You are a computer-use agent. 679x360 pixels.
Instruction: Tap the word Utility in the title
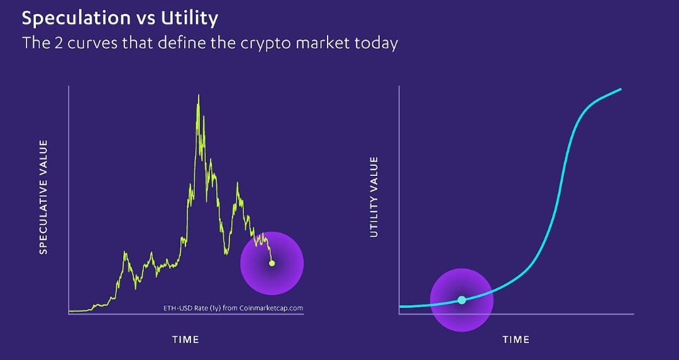click(190, 19)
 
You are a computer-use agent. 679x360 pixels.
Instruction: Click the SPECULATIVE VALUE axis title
click(43, 197)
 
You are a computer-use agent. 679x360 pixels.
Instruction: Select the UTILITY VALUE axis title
click(374, 197)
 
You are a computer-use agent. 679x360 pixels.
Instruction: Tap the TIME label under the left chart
click(185, 340)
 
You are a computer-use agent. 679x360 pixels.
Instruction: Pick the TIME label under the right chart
click(516, 340)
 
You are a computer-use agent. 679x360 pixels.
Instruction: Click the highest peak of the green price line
click(198, 95)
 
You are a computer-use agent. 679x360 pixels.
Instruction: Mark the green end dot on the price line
click(272, 263)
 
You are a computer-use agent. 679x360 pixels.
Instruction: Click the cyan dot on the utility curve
click(461, 300)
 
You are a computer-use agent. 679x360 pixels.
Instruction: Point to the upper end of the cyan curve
click(621, 89)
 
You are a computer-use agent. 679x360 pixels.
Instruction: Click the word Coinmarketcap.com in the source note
click(276, 308)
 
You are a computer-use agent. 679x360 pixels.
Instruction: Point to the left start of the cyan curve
click(400, 307)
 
